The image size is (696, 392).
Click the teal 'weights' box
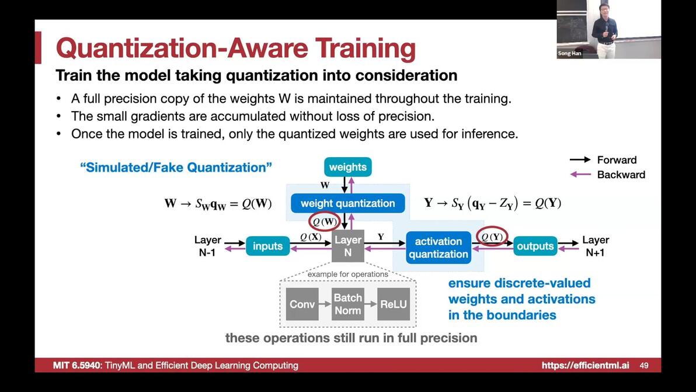coord(347,167)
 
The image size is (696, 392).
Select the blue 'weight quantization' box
coord(347,203)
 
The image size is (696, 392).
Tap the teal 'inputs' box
coord(267,246)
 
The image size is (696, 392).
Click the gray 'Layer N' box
coord(348,246)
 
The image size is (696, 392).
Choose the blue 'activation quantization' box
coord(438,248)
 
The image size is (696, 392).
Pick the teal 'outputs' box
coord(535,246)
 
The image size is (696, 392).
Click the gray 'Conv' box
coord(302,304)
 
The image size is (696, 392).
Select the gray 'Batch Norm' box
coord(348,304)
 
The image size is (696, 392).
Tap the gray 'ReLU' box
coord(394,304)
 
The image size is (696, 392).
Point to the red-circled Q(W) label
coord(324,221)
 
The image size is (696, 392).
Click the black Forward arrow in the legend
coord(580,160)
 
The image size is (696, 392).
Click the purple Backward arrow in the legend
coord(580,175)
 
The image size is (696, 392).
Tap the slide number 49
coord(644,365)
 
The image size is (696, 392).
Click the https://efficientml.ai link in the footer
coord(585,365)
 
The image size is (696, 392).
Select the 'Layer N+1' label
coord(595,246)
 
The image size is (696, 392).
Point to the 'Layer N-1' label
coord(207,246)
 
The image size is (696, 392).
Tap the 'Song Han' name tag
coord(569,53)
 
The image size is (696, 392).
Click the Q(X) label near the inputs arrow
coord(311,237)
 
